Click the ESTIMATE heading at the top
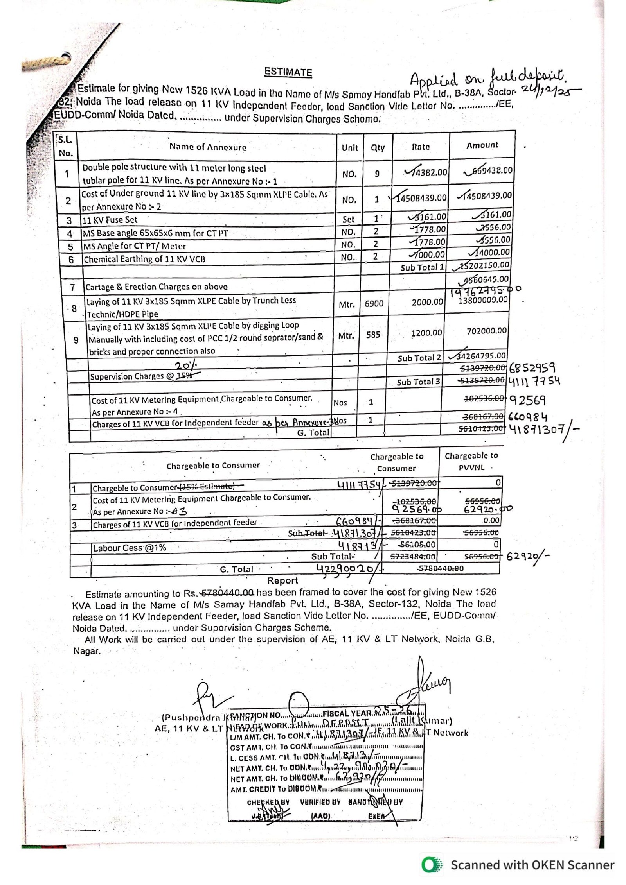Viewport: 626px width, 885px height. (x=288, y=72)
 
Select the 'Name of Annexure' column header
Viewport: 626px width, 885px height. (x=208, y=147)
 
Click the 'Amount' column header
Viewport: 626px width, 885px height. (x=482, y=145)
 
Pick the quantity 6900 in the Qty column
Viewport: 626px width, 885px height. (x=374, y=303)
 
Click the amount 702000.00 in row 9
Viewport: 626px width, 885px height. (x=487, y=331)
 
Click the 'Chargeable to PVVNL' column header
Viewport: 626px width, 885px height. (x=471, y=461)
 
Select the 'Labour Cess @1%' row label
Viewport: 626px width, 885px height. (x=129, y=548)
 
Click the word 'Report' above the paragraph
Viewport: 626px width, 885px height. (x=282, y=580)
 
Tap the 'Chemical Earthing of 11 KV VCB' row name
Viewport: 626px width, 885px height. (x=144, y=259)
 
